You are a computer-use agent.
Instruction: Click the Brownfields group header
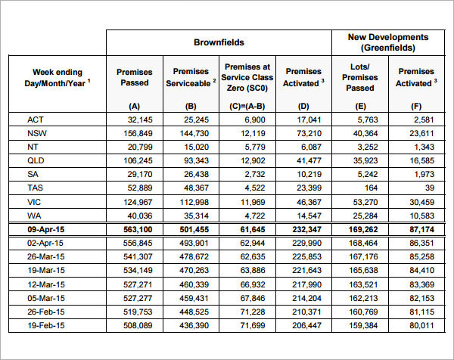[218, 42]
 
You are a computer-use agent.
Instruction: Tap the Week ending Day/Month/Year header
[58, 77]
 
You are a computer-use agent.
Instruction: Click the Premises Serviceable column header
[191, 77]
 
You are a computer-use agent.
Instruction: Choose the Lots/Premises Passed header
[359, 76]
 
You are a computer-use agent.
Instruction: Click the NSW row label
[36, 133]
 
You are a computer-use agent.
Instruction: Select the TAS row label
[36, 188]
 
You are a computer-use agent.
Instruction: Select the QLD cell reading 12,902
[250, 160]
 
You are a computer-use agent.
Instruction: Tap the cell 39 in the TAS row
[430, 188]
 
